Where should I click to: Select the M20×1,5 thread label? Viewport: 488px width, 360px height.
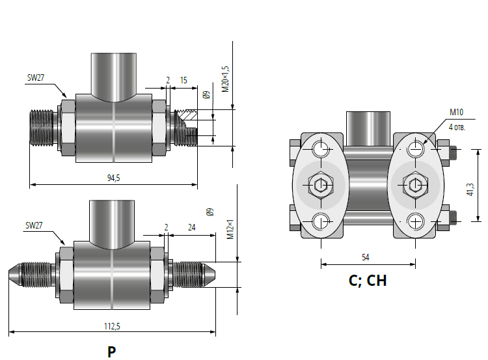point(225,79)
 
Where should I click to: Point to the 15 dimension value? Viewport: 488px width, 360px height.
point(183,80)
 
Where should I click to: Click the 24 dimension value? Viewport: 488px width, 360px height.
point(192,227)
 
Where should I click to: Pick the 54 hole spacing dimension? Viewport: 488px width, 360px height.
point(366,258)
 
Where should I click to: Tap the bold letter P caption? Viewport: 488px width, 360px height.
point(112,352)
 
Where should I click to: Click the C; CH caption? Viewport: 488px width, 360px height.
point(368,281)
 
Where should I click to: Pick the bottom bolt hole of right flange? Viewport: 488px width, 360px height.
point(415,221)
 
